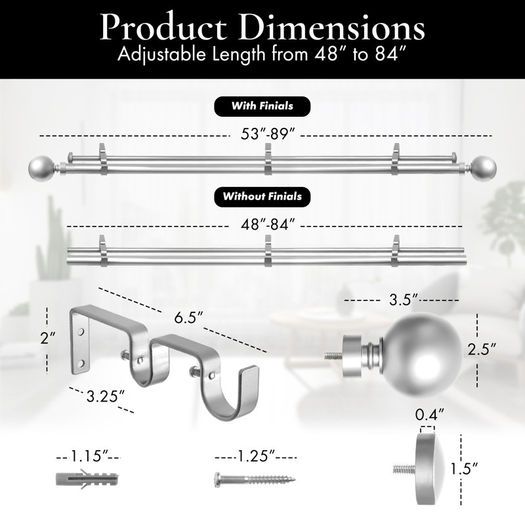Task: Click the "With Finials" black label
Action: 262,106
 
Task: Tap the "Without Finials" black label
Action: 262,196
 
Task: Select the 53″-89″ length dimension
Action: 268,135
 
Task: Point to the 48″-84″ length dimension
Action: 268,224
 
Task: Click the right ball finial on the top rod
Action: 484,167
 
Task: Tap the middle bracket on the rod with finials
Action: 268,159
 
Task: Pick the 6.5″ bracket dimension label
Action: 188,318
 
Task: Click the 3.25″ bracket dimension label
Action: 105,396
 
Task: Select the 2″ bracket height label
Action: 48,338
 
